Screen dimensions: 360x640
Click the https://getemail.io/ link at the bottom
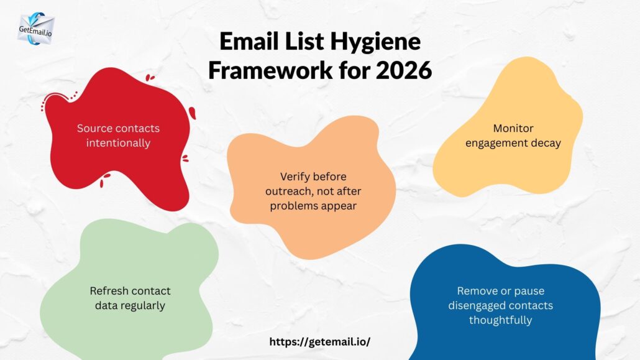tap(319, 342)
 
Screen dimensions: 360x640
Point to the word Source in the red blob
tap(94, 129)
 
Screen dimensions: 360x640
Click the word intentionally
tap(118, 143)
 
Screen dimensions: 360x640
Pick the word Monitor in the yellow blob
tap(513, 129)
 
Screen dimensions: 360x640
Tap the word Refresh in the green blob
tap(109, 291)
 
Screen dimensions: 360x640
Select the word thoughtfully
tap(500, 320)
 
